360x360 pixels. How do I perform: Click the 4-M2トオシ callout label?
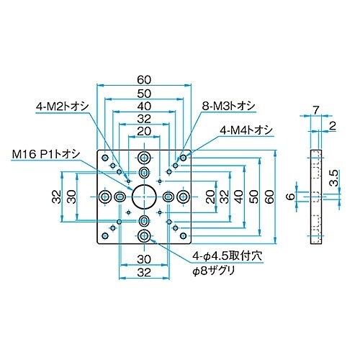pyautogui.click(x=63, y=106)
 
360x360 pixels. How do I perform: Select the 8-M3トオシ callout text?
pyautogui.click(x=228, y=106)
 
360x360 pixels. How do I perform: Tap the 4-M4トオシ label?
pyautogui.click(x=246, y=130)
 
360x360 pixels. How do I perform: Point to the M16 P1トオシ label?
pyautogui.click(x=45, y=154)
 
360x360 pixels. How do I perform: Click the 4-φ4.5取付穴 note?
pyautogui.click(x=227, y=256)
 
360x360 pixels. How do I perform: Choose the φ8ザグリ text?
pyautogui.click(x=213, y=271)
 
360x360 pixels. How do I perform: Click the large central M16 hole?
pyautogui.click(x=144, y=197)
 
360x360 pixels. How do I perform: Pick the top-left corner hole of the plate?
pyautogui.click(x=105, y=158)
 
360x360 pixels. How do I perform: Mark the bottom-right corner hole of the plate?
pyautogui.click(x=183, y=236)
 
